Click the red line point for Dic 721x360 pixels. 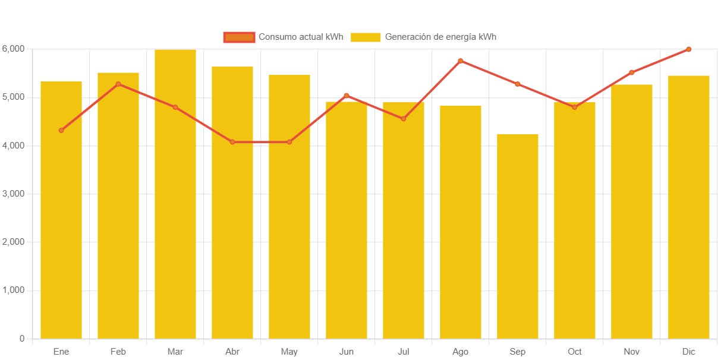(688, 49)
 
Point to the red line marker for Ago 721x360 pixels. (461, 61)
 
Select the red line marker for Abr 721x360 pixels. (232, 142)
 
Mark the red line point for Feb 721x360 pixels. (118, 84)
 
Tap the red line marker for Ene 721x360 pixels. (61, 130)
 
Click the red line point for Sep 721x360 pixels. (518, 84)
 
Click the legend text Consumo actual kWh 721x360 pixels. (301, 37)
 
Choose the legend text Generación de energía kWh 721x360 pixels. (440, 37)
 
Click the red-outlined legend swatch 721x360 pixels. (239, 37)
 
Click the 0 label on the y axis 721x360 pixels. (22, 339)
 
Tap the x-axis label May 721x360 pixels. (289, 352)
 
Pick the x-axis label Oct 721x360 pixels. (575, 352)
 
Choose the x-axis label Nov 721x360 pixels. (632, 352)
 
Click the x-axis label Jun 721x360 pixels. (347, 352)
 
